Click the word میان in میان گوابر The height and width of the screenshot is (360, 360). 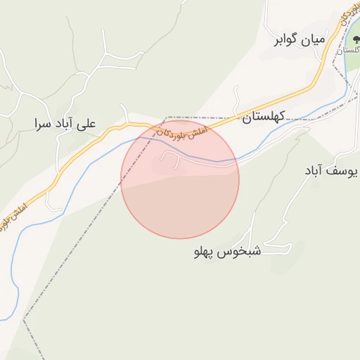315,40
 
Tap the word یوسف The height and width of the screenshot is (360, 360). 344,171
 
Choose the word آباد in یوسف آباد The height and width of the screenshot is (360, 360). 314,171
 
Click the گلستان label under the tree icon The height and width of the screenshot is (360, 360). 349,51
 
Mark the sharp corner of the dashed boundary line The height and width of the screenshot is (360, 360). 167,117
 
